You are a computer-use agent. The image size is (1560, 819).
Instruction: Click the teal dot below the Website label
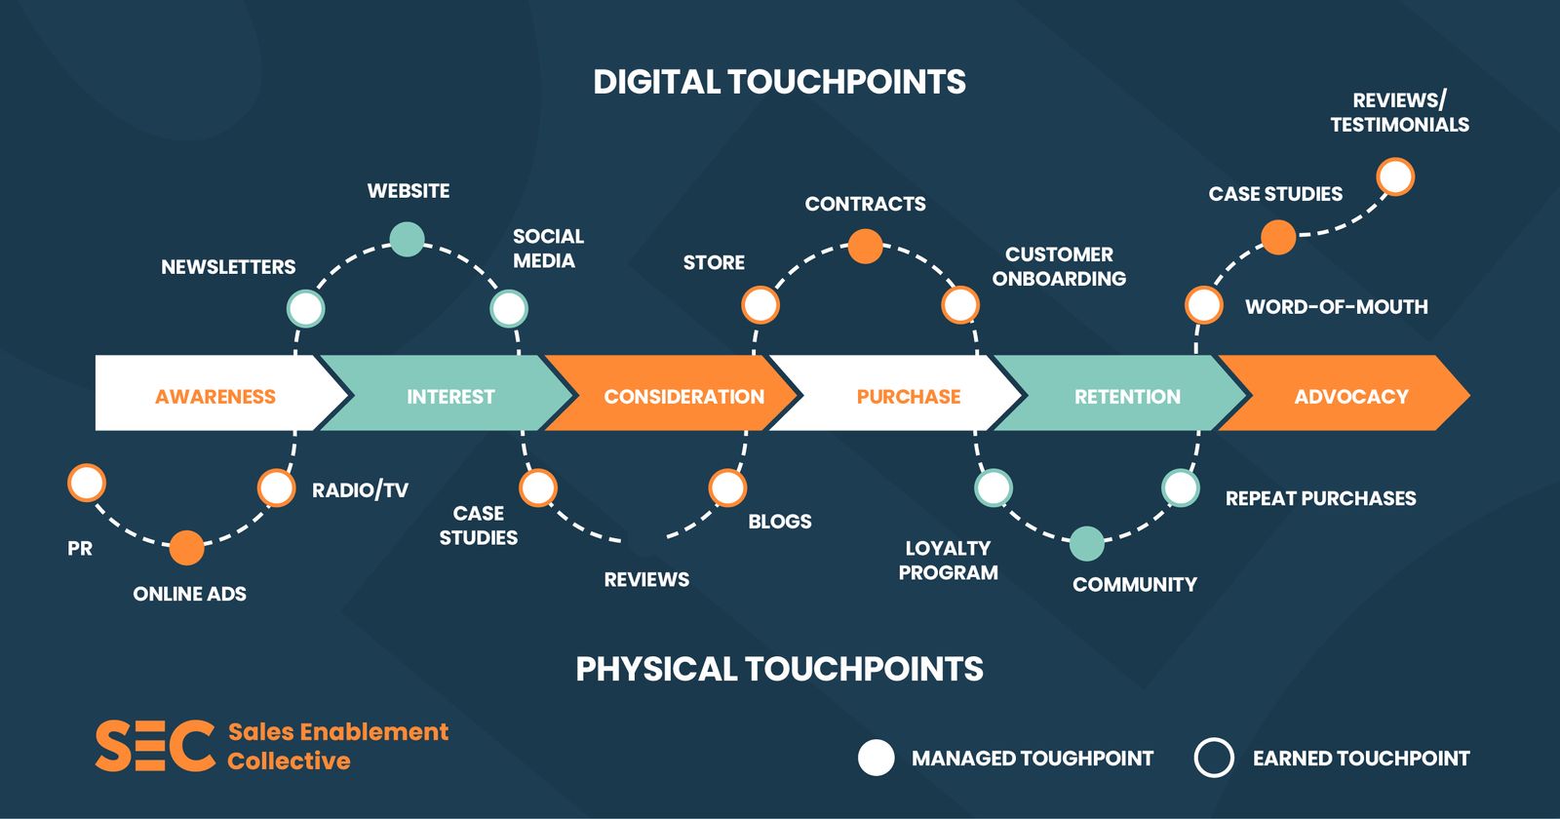point(407,239)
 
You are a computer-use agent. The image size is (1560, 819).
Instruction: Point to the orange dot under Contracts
point(865,247)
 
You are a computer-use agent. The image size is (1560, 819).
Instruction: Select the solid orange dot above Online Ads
point(186,548)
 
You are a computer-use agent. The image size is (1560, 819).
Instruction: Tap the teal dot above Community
point(1086,543)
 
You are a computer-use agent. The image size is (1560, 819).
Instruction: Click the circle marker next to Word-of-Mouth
point(1203,305)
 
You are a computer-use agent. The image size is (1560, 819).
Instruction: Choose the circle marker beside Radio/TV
point(276,487)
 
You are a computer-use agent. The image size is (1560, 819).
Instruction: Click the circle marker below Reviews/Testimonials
point(1395,177)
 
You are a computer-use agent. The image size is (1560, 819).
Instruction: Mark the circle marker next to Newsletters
point(305,309)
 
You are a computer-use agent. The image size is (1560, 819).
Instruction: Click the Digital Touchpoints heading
point(779,82)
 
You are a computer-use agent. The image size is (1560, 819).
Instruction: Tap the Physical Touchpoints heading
point(779,669)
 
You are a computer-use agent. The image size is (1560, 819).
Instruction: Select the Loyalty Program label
point(948,561)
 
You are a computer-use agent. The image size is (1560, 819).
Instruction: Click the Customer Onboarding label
point(1059,266)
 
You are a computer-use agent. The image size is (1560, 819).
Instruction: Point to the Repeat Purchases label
point(1320,498)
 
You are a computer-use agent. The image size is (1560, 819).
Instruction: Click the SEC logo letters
point(154,746)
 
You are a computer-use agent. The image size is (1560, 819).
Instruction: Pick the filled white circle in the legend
point(876,758)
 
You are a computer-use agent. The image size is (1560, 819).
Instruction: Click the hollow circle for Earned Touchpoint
point(1214,758)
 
